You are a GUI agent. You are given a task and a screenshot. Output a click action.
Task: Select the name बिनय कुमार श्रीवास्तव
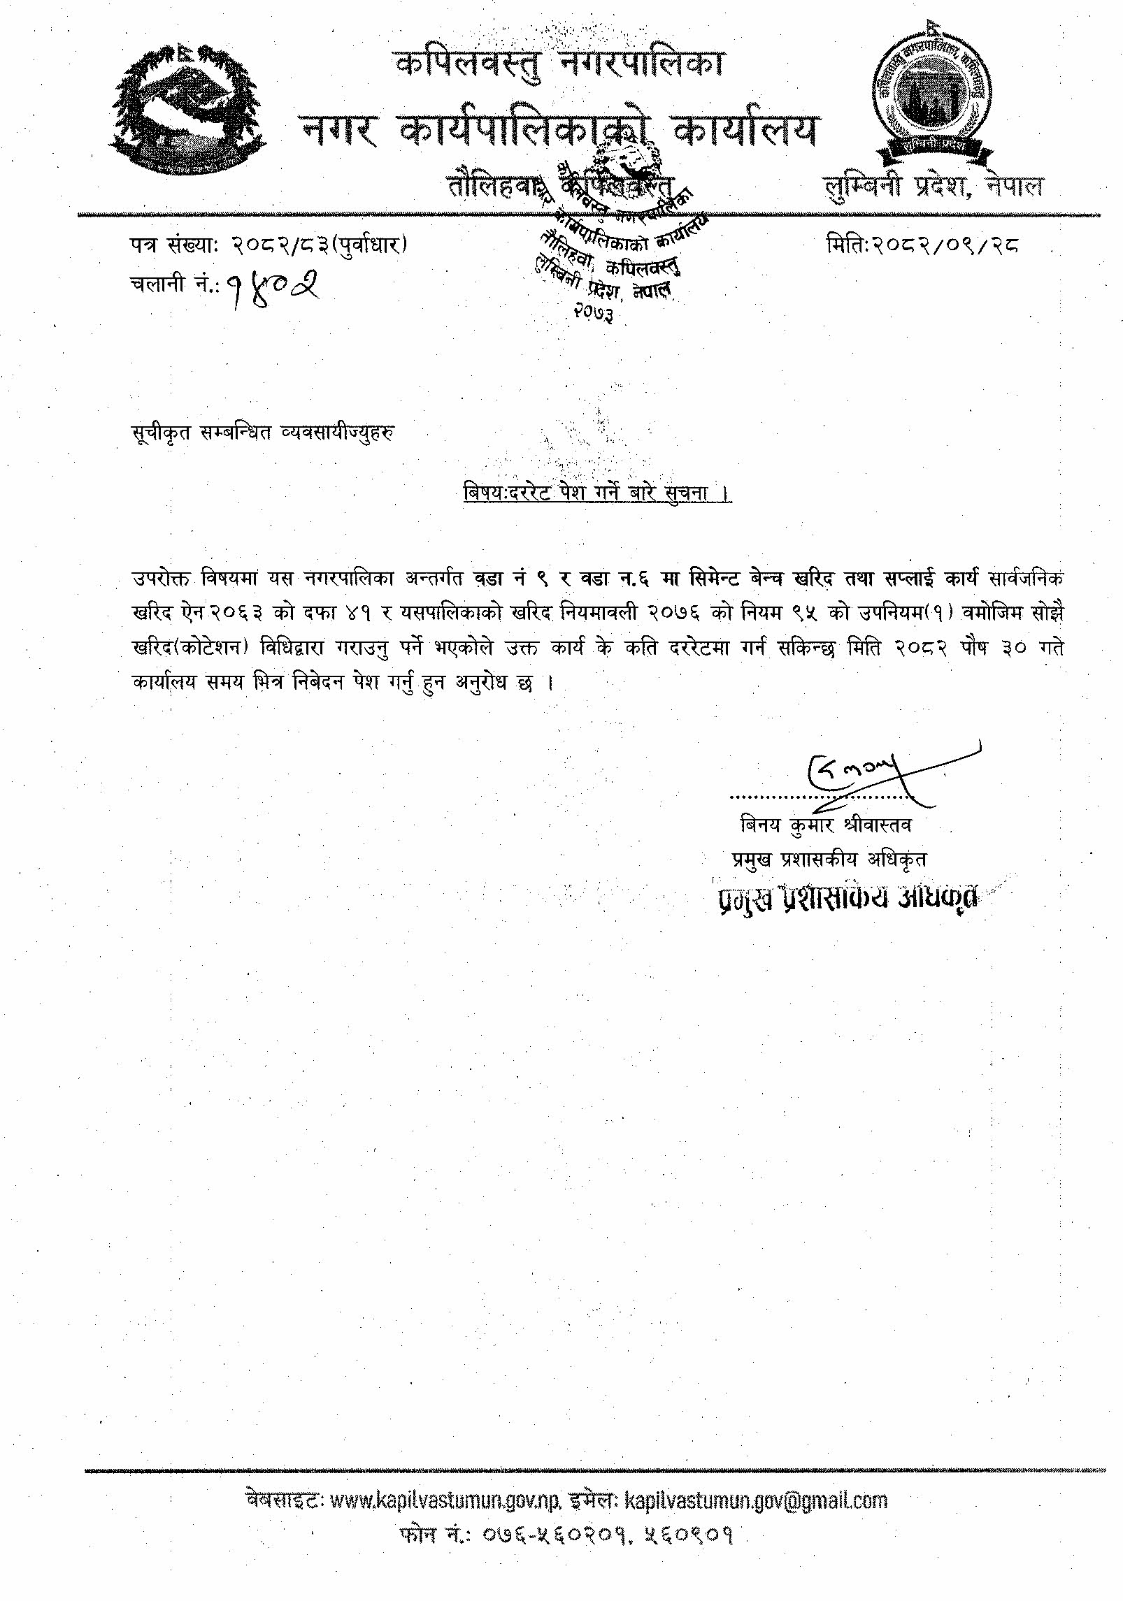point(826,825)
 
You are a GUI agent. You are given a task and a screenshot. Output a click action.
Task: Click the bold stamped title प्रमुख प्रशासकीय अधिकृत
point(848,899)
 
